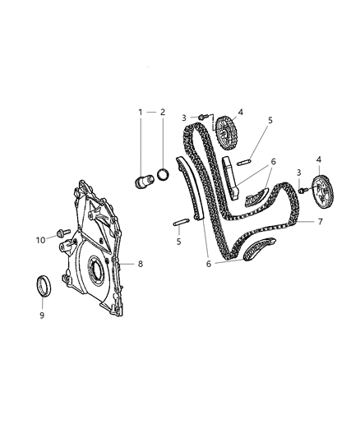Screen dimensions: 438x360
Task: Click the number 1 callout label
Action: click(x=140, y=112)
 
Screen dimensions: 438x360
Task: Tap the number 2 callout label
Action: click(x=163, y=112)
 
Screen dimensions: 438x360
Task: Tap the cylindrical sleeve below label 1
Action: click(x=144, y=180)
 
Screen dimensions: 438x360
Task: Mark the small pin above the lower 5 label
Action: click(x=182, y=219)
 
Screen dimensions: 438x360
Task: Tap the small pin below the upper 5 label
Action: click(x=242, y=162)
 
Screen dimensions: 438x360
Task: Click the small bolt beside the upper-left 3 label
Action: click(x=200, y=118)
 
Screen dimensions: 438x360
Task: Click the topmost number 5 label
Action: click(x=269, y=121)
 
